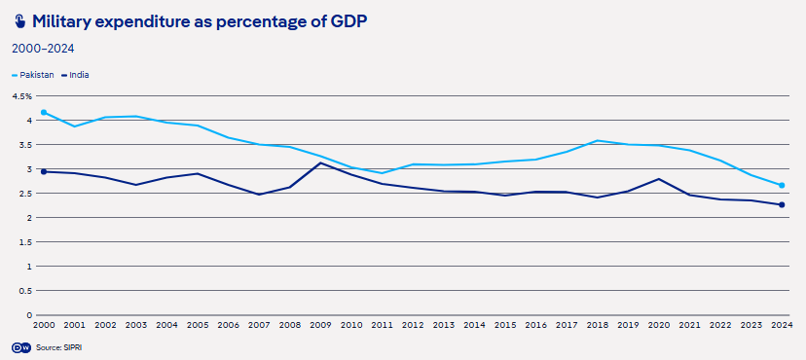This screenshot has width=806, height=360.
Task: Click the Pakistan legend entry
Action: [32, 75]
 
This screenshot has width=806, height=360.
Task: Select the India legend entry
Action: [75, 75]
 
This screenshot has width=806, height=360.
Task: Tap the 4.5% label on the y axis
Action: [22, 96]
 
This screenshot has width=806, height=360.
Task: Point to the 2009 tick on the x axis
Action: [321, 325]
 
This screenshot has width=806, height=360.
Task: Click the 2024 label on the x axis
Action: [782, 325]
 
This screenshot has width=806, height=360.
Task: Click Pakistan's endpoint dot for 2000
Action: [44, 112]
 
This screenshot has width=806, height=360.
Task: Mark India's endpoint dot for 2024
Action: [782, 205]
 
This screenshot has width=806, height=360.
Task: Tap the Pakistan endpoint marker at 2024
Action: [782, 186]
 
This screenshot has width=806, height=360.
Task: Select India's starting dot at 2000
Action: [44, 171]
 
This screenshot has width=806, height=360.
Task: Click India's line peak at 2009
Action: [321, 162]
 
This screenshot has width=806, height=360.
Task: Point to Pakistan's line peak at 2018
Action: [598, 140]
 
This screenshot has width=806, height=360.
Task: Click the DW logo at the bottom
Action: [21, 347]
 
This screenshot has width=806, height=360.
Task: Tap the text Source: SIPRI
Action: [58, 347]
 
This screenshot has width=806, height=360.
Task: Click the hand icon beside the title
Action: [19, 22]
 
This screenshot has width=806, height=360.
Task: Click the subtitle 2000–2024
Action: [43, 49]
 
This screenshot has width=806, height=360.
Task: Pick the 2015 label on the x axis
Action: [505, 325]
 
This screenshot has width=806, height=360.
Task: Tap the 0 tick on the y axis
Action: [29, 315]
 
